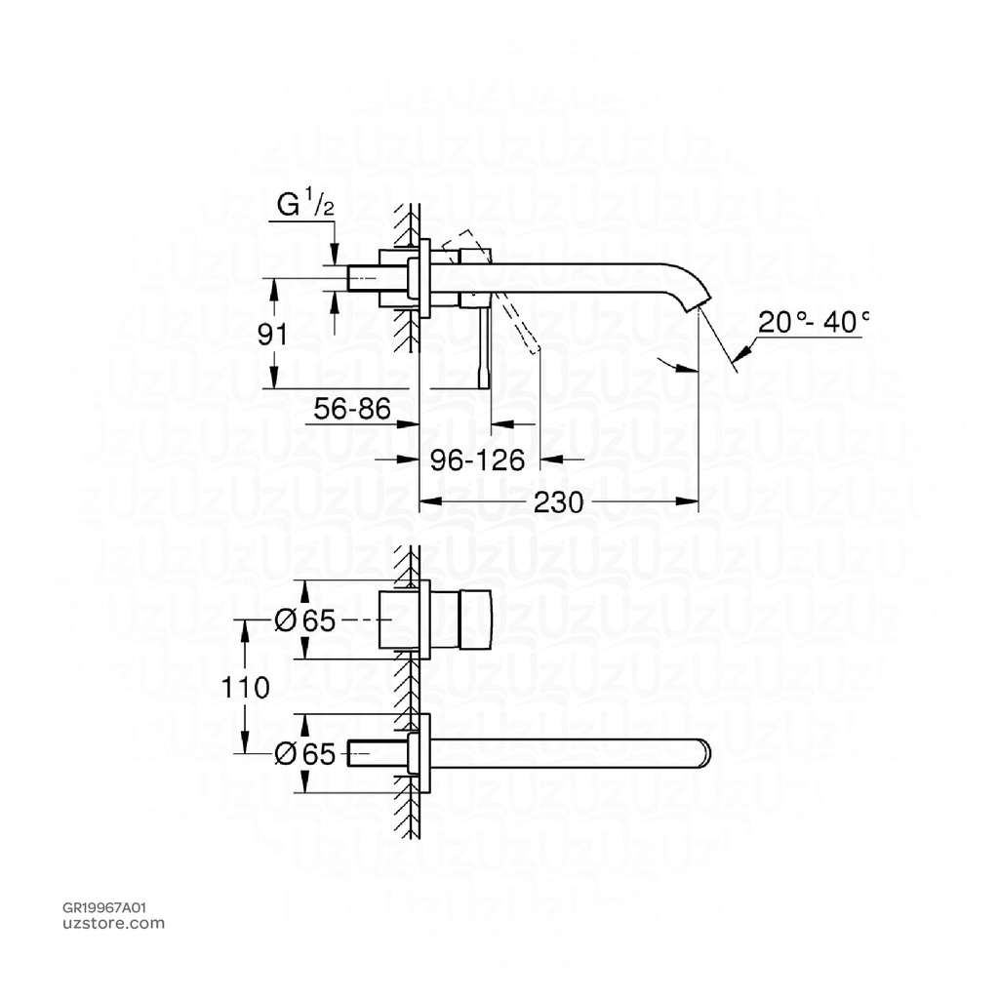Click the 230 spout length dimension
tap(560, 502)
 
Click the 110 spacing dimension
tap(243, 688)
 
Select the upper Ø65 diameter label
tap(305, 621)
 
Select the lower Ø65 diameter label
tap(305, 753)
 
